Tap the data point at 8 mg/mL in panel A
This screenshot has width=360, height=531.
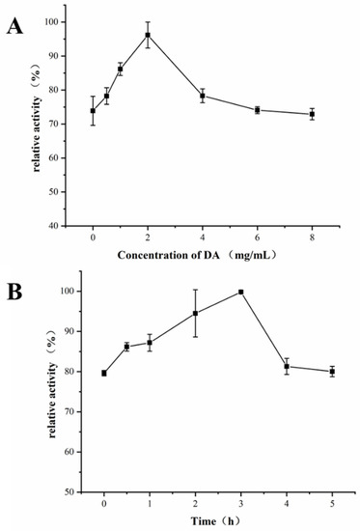coord(311,114)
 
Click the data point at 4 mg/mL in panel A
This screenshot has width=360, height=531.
coord(202,96)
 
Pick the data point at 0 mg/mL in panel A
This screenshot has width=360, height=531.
coord(93,111)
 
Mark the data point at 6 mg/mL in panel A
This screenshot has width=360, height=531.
coord(257,110)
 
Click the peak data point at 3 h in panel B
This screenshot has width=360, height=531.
coord(240,292)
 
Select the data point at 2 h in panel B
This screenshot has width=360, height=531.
coord(195,313)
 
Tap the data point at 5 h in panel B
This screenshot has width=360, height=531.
coord(332,371)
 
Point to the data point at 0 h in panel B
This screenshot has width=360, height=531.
coord(104,373)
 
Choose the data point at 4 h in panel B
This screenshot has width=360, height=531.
coord(286,366)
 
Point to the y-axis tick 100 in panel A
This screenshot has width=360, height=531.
coord(69,21)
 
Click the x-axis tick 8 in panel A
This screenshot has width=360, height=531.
coord(311,236)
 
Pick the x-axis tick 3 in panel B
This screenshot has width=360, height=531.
coord(240,502)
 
